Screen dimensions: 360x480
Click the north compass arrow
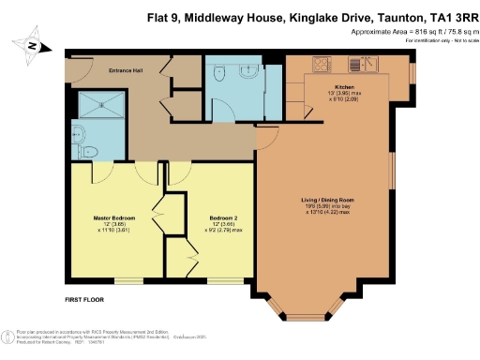[x=34, y=45]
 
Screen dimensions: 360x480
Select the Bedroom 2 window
[x=222, y=279]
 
